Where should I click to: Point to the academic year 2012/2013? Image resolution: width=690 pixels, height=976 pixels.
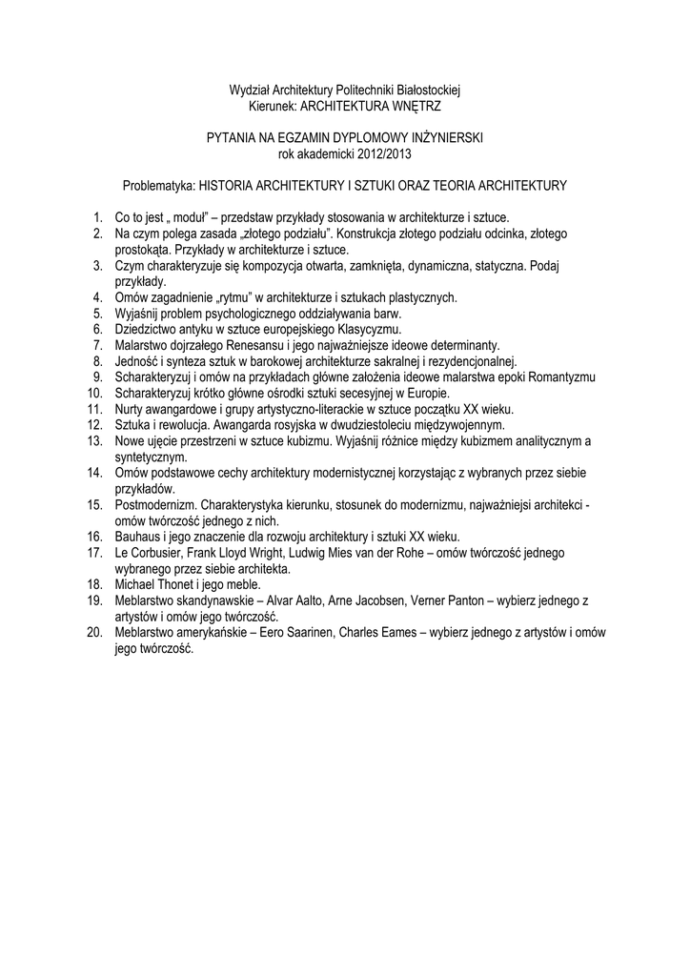[x=383, y=152]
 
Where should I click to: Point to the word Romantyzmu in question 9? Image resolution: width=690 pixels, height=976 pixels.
[x=562, y=376]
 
